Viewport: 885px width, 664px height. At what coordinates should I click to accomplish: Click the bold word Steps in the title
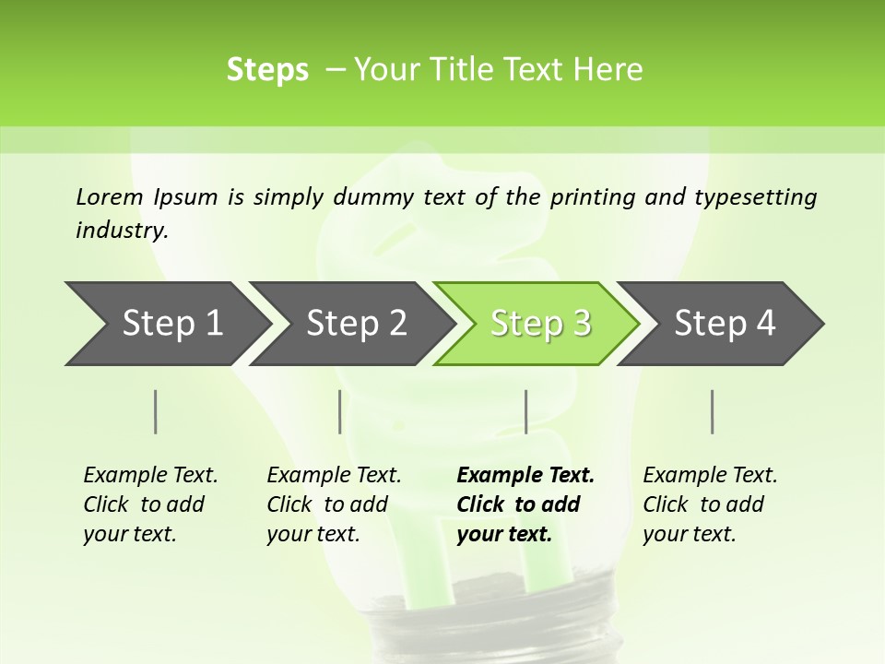coord(267,70)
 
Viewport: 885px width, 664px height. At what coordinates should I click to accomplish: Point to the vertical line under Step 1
coord(156,411)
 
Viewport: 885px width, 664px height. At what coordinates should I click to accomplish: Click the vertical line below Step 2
coord(340,411)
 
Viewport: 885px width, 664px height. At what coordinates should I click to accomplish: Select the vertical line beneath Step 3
coord(525,411)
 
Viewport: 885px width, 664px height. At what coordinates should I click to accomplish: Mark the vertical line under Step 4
coord(713,411)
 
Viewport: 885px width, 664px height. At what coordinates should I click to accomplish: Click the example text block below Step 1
coord(150,504)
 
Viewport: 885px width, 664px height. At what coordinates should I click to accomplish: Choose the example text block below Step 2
coord(334,504)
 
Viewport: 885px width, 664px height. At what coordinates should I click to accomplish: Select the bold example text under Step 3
coord(525,504)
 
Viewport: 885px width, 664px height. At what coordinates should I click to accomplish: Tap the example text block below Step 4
coord(710,504)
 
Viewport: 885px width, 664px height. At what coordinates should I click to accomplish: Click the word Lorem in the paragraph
coord(110,196)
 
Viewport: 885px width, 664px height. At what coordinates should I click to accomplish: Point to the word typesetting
coord(759,197)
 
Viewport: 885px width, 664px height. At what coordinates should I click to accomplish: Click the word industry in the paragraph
coord(122,231)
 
